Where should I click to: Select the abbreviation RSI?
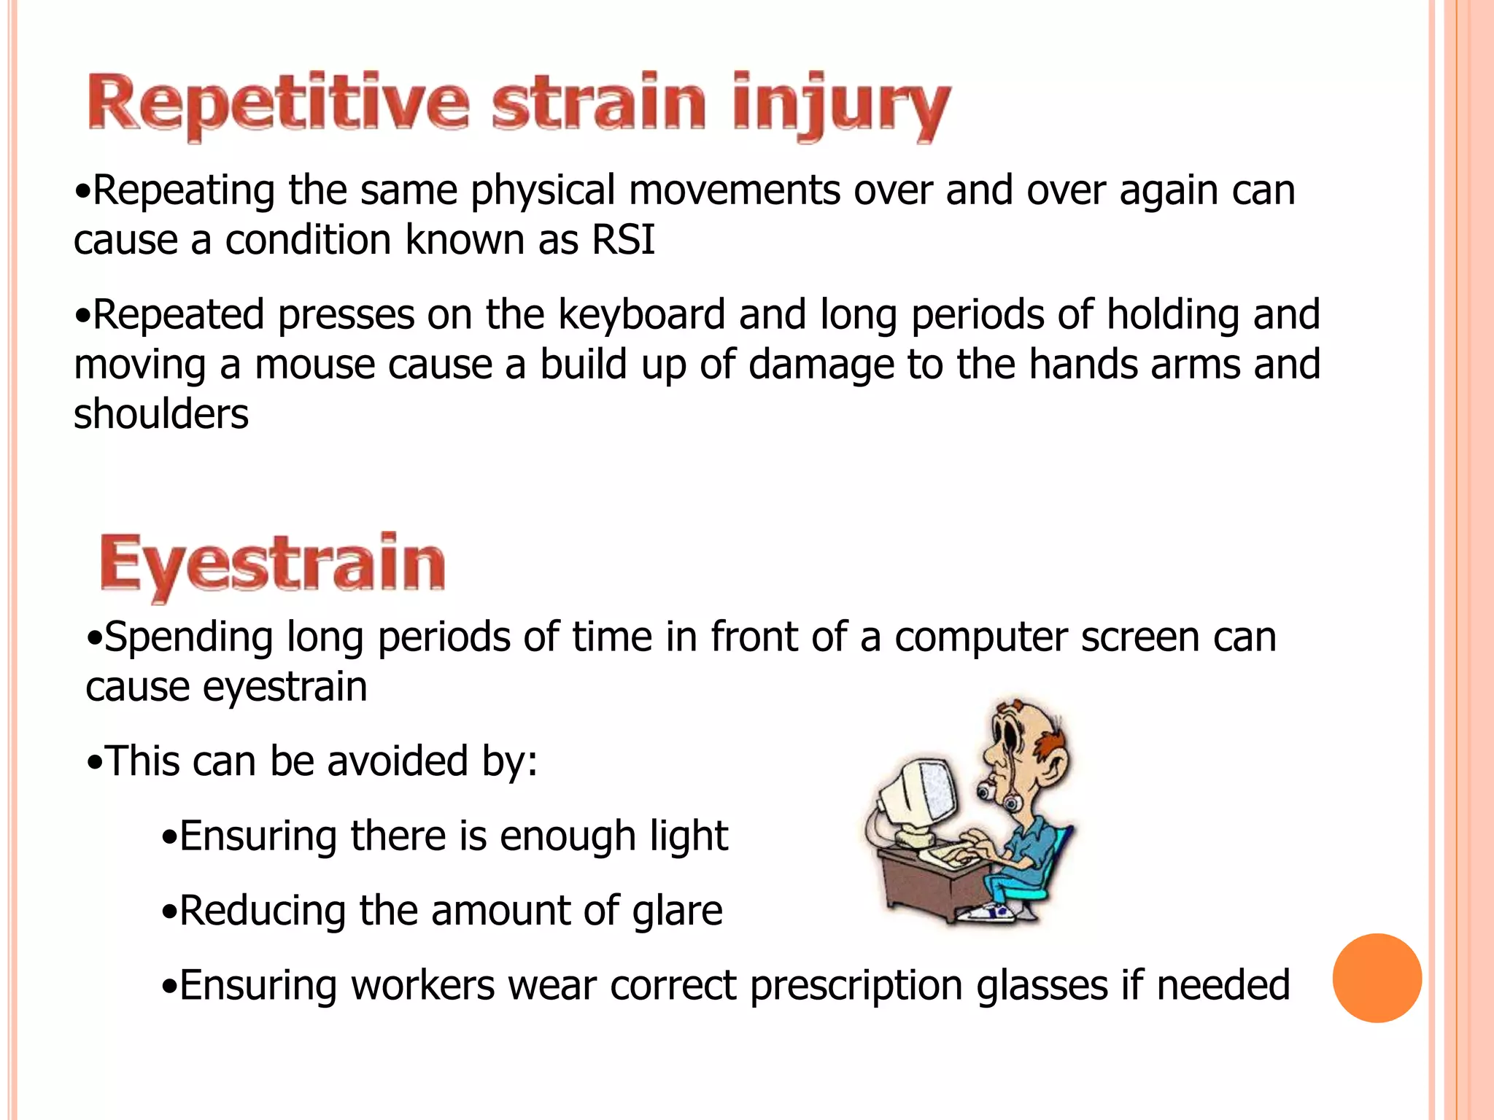623,240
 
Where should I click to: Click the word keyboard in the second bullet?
642,315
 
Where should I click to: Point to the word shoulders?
161,414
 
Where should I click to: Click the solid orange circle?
1377,978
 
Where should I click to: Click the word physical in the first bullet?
543,191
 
